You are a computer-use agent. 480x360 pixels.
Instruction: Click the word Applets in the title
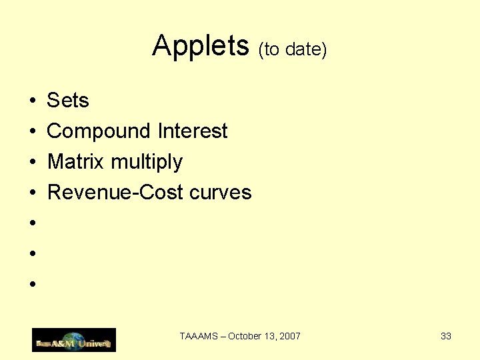(200, 46)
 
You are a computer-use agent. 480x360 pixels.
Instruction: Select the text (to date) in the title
(292, 49)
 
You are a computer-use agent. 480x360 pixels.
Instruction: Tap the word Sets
(67, 101)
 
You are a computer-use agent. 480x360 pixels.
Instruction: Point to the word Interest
(193, 131)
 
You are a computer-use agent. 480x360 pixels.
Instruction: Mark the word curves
(221, 193)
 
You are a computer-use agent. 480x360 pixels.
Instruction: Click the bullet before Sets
(32, 101)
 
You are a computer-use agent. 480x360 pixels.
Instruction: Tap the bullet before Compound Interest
(32, 132)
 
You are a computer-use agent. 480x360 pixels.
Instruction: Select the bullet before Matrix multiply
(32, 163)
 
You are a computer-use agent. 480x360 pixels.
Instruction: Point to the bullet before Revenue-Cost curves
(32, 193)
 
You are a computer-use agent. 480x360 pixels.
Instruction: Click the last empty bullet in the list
(32, 285)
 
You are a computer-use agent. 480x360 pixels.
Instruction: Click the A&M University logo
(74, 340)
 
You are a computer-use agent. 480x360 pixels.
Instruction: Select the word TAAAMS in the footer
(199, 336)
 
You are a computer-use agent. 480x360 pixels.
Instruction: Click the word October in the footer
(244, 336)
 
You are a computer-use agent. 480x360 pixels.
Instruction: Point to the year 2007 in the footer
(290, 336)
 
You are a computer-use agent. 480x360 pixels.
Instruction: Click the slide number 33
(446, 336)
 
